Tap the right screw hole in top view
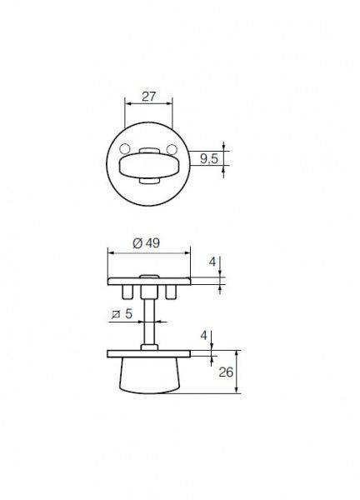(x=172, y=150)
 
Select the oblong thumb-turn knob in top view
(x=148, y=163)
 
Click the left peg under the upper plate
(x=125, y=292)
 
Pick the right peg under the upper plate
(x=172, y=292)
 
